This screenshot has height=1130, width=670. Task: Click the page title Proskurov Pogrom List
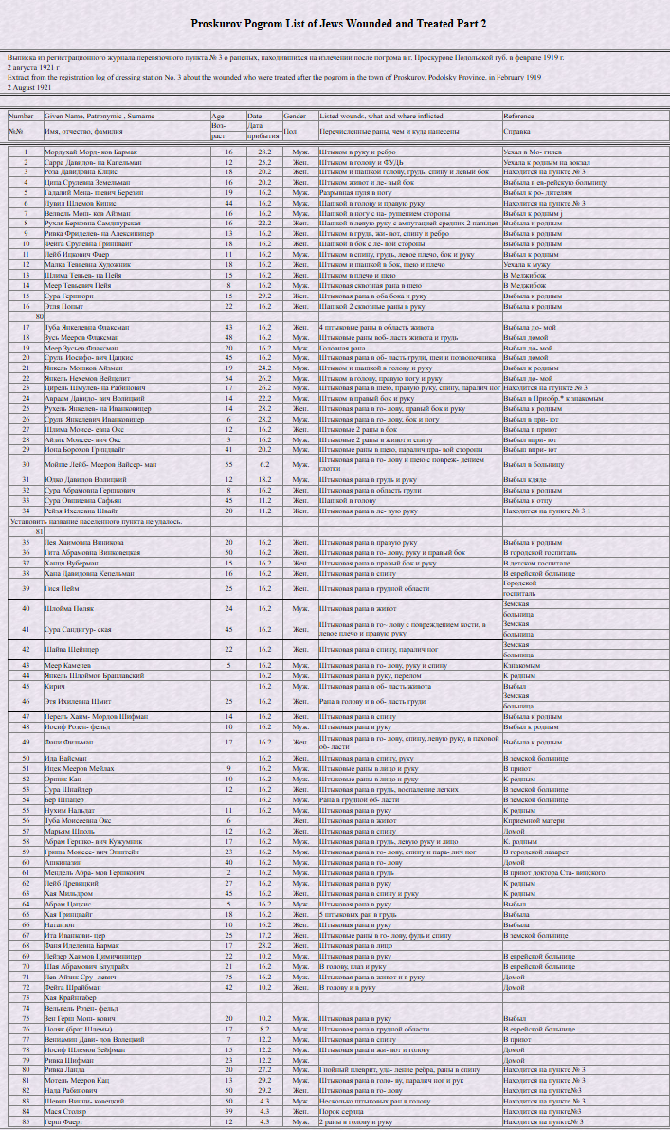(338, 23)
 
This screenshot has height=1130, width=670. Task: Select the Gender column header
(294, 116)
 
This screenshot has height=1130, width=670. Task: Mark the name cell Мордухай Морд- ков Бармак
(91, 152)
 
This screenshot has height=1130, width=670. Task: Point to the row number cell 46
(23, 702)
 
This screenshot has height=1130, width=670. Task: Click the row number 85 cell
(23, 1121)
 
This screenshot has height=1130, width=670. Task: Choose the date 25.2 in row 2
(264, 162)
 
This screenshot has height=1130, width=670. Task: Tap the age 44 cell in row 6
(228, 203)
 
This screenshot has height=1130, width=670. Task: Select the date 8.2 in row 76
(264, 1029)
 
